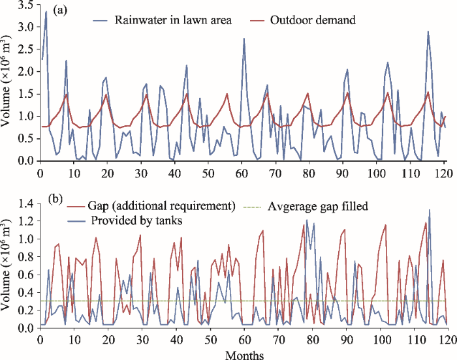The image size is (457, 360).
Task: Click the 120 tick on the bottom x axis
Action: pos(447,340)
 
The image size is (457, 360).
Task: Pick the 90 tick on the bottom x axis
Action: pos(345,340)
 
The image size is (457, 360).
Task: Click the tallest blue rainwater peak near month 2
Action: pos(46,12)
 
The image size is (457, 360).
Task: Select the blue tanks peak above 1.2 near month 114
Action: pos(430,210)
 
